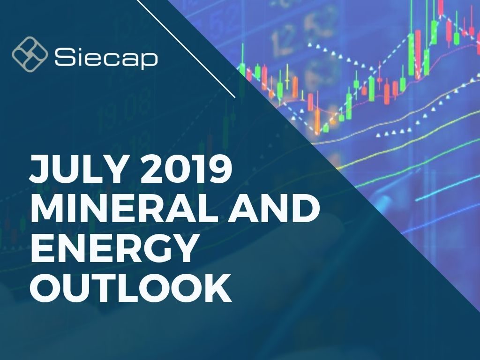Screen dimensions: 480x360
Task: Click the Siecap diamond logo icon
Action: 30,54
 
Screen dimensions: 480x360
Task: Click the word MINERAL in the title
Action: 123,208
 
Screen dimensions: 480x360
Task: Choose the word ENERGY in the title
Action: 113,247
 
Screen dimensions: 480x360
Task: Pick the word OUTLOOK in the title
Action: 131,287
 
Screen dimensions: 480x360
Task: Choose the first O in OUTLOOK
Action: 46,287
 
